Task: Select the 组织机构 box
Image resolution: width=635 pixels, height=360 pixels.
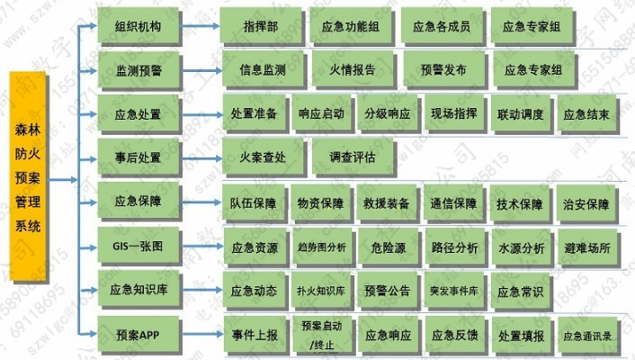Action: pos(139,27)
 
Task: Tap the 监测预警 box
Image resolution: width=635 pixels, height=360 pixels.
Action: pos(139,69)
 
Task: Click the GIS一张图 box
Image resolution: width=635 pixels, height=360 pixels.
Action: pos(139,246)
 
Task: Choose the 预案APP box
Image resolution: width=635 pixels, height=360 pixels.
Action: pos(139,335)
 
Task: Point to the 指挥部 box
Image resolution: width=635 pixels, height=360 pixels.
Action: pos(261,27)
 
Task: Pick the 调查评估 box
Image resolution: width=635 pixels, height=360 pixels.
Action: pos(352,157)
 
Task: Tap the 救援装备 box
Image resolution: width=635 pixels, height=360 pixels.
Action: pos(387,203)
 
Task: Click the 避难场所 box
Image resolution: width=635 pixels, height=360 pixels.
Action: pos(586,247)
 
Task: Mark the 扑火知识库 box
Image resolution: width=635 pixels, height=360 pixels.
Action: pos(320,291)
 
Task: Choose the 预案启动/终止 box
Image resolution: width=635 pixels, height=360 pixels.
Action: pos(321,334)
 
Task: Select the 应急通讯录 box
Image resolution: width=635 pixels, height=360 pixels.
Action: pos(586,335)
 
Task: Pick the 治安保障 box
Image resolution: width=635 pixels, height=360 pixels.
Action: pos(586,203)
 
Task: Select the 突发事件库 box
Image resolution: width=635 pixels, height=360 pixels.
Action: pos(453,291)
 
